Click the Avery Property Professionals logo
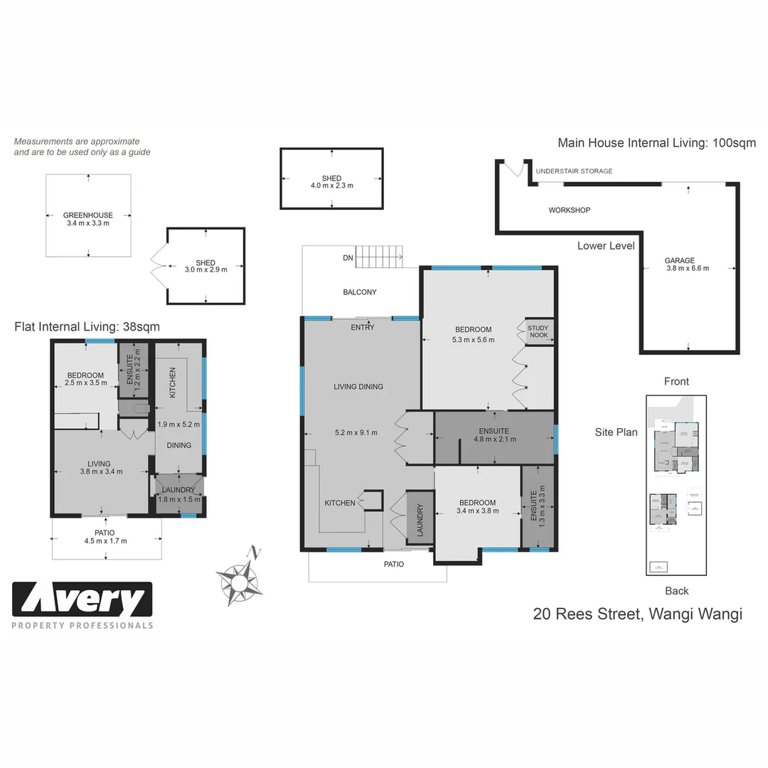pos(82,604)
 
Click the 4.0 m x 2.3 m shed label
pos(331,182)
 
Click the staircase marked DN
pos(378,257)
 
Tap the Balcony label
pos(360,292)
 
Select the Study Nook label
pos(538,332)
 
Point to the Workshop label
pos(569,210)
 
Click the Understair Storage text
pos(573,171)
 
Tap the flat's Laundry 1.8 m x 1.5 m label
pos(178,494)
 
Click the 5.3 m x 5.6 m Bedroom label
pos(473,334)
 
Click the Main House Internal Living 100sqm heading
pos(656,143)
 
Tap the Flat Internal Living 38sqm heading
pos(87,327)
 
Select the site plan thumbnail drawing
pos(676,485)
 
